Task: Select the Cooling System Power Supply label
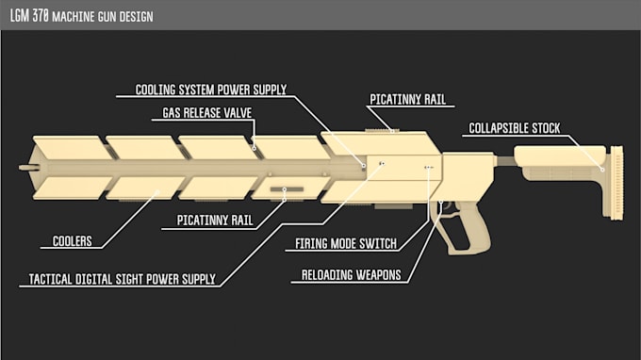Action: point(210,90)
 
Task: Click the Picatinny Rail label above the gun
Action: point(407,98)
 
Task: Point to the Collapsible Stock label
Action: point(514,128)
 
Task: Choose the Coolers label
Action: point(72,241)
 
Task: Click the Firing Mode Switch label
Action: point(341,244)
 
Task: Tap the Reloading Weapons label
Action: point(352,275)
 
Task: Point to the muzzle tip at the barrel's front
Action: point(25,167)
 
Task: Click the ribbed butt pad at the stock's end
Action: point(617,184)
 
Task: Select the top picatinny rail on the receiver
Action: point(383,129)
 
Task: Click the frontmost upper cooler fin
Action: point(66,147)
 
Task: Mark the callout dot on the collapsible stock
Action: point(603,169)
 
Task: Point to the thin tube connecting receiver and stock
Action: point(504,161)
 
